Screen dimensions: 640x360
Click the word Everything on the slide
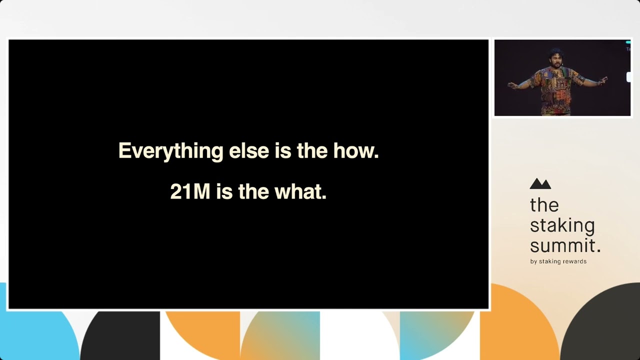click(171, 151)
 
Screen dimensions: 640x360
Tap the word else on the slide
click(249, 150)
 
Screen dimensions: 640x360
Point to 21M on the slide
click(190, 191)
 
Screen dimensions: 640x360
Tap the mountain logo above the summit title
click(540, 183)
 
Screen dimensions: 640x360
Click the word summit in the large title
click(562, 245)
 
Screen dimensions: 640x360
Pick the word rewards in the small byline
click(574, 261)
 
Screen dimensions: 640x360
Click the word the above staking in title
click(544, 205)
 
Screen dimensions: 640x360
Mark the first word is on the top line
click(283, 150)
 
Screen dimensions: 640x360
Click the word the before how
click(312, 150)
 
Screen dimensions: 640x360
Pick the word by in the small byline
click(533, 261)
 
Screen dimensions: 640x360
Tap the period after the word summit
click(598, 250)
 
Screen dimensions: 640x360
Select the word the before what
click(253, 191)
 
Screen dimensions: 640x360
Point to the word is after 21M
click(224, 191)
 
